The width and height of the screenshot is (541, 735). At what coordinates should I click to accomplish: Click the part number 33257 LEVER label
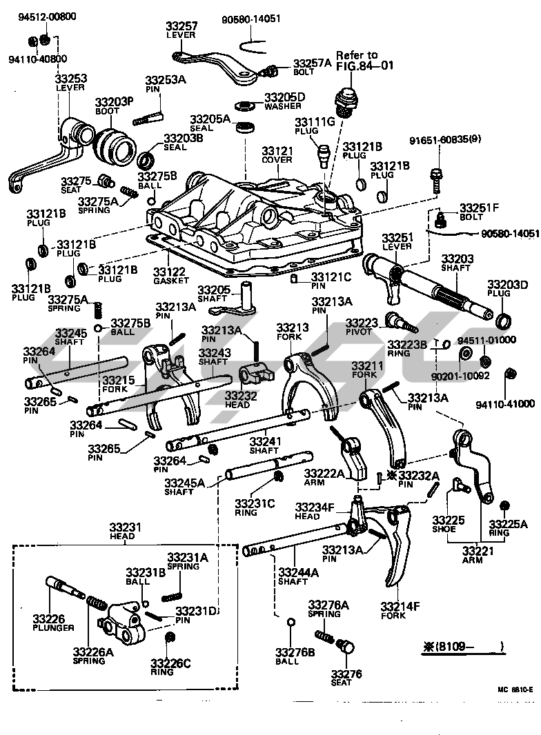coord(181,30)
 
